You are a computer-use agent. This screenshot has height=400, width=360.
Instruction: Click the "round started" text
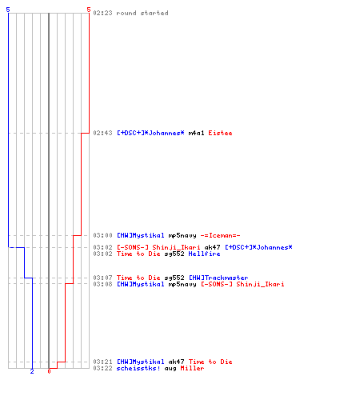coord(142,13)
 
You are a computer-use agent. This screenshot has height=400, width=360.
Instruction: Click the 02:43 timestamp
coord(102,133)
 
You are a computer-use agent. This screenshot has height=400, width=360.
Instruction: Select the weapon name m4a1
coord(196,133)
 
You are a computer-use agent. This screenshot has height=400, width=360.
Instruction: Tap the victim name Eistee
coord(220,133)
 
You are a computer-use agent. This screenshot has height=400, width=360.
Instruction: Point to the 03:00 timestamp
coord(102,235)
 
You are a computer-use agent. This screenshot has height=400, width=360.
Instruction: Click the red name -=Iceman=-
coord(220,235)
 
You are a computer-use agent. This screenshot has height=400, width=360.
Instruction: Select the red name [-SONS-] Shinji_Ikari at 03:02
coord(158,247)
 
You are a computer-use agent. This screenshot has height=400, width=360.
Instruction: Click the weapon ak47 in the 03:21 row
coord(176,362)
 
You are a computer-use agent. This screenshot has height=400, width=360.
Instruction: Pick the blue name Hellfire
coord(204,254)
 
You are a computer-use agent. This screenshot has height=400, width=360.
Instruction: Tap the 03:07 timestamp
coord(102,278)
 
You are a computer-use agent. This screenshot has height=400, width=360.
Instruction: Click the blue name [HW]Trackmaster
coord(218,278)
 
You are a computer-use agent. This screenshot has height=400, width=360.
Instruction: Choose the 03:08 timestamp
coord(102,284)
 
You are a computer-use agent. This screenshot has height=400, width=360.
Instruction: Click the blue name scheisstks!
coord(138,368)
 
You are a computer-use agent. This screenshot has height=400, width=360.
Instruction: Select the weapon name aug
coord(170,369)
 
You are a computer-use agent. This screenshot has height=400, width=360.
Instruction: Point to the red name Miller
coord(192,368)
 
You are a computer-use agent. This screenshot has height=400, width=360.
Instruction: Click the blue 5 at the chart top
coord(8,10)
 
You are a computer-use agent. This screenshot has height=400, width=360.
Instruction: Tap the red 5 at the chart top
coord(89,10)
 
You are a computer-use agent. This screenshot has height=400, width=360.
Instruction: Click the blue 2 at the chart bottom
coord(32,371)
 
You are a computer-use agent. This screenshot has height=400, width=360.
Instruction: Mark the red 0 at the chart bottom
coord(49,371)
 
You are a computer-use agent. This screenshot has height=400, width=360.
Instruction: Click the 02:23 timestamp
coord(102,13)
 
